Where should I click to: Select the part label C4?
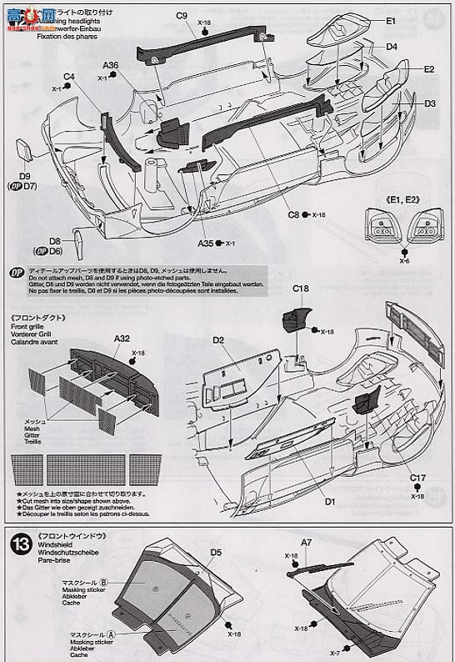(69, 77)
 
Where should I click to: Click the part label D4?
(392, 47)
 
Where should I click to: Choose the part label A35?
(207, 243)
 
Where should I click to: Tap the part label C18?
(301, 290)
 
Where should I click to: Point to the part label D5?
(217, 552)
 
